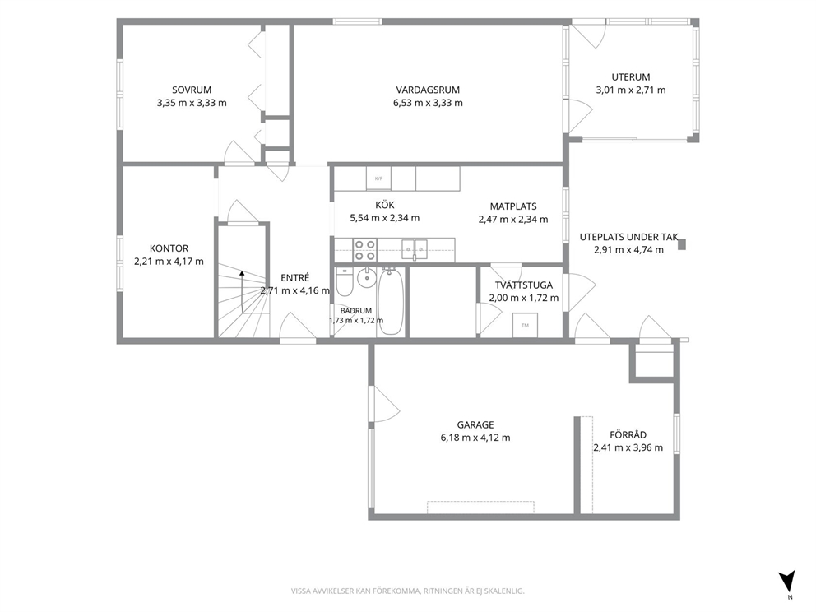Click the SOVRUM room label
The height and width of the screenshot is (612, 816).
192,90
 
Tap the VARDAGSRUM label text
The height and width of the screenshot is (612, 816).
428,90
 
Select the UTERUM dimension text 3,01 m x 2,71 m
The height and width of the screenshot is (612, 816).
631,90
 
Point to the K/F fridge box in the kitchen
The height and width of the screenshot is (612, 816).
378,178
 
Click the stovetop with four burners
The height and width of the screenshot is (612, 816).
364,250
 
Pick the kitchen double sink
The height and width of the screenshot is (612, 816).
415,249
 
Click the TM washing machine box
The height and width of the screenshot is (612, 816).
525,325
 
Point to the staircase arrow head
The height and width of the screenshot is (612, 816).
242,272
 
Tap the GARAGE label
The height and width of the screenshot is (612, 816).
475,425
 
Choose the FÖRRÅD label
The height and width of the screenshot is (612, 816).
628,435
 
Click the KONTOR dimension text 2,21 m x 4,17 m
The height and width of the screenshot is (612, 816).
169,262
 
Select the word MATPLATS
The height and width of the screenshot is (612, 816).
513,206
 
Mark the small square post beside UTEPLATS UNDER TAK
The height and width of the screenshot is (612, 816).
682,244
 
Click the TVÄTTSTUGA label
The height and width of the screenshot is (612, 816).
524,285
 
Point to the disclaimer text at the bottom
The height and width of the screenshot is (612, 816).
407,591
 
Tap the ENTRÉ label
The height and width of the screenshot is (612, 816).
295,278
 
